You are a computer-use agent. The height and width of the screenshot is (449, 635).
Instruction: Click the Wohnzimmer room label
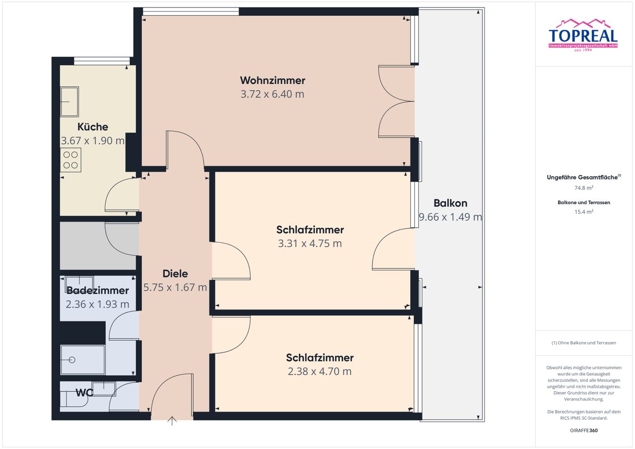pos(272,80)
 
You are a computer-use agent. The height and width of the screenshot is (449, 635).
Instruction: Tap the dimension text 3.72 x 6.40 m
pos(272,94)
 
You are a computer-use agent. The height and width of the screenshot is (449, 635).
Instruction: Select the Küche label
pos(93,127)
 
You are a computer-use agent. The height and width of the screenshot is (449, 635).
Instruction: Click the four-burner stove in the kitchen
pos(70,160)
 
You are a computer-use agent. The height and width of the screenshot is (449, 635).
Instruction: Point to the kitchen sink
pos(69,102)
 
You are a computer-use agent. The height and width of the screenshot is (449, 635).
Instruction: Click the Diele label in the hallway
pos(175,273)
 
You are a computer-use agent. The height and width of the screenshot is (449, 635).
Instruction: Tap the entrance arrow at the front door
pos(172,421)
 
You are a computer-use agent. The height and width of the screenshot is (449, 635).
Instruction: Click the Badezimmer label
pos(98,290)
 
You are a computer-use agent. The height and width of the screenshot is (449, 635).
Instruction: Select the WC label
pos(84,393)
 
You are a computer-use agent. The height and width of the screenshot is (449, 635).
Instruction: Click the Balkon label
pos(450,203)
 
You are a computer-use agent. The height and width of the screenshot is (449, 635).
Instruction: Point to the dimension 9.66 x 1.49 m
pos(450,217)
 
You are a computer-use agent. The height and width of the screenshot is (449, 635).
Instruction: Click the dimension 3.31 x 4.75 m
pos(310,244)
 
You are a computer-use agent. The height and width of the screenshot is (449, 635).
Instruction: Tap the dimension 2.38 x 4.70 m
pos(319,371)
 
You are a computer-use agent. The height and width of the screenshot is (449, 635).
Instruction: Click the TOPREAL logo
pos(583,35)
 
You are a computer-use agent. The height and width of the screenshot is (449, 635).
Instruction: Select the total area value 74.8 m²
pos(584,188)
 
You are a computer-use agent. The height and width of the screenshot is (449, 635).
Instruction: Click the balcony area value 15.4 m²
pos(584,212)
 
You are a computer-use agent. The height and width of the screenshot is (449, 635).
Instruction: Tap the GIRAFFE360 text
pos(584,430)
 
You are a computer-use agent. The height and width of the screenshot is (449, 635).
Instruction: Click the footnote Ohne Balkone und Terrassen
pos(584,343)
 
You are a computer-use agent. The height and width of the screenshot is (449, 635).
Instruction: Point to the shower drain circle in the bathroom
pos(72,360)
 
